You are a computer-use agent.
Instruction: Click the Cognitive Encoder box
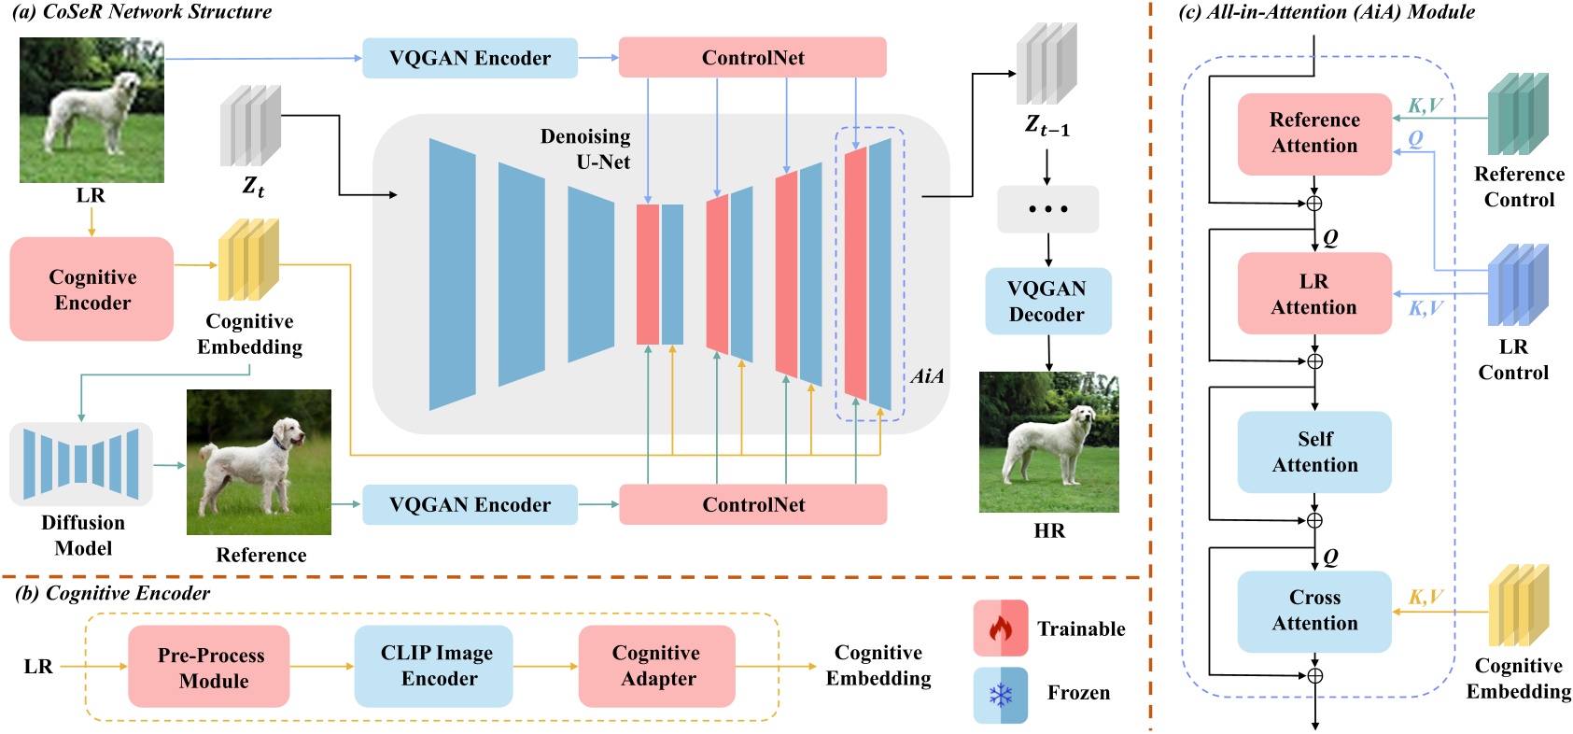[91, 289]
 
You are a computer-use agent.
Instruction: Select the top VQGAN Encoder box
[470, 58]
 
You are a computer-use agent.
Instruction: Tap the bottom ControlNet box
[752, 504]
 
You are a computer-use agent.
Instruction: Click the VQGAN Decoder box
[1047, 301]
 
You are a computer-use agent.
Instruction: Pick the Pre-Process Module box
[209, 667]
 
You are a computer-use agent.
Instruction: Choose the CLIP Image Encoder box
[434, 665]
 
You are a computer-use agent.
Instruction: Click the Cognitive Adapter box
[656, 665]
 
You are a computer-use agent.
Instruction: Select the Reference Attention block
[1313, 134]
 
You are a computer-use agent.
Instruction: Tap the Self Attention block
[1313, 452]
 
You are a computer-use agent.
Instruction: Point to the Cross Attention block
[1313, 611]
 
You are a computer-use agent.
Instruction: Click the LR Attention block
[1313, 293]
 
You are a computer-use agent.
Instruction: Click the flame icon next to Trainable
[1000, 628]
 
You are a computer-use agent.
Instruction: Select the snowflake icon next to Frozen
[1000, 695]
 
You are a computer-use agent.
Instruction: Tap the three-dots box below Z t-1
[1047, 209]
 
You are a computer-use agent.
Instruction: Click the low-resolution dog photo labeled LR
[91, 110]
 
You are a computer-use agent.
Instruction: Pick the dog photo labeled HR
[1048, 443]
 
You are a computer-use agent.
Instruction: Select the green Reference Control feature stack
[1518, 113]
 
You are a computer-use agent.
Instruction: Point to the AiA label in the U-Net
[927, 376]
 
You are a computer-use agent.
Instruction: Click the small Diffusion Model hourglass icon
[81, 463]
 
